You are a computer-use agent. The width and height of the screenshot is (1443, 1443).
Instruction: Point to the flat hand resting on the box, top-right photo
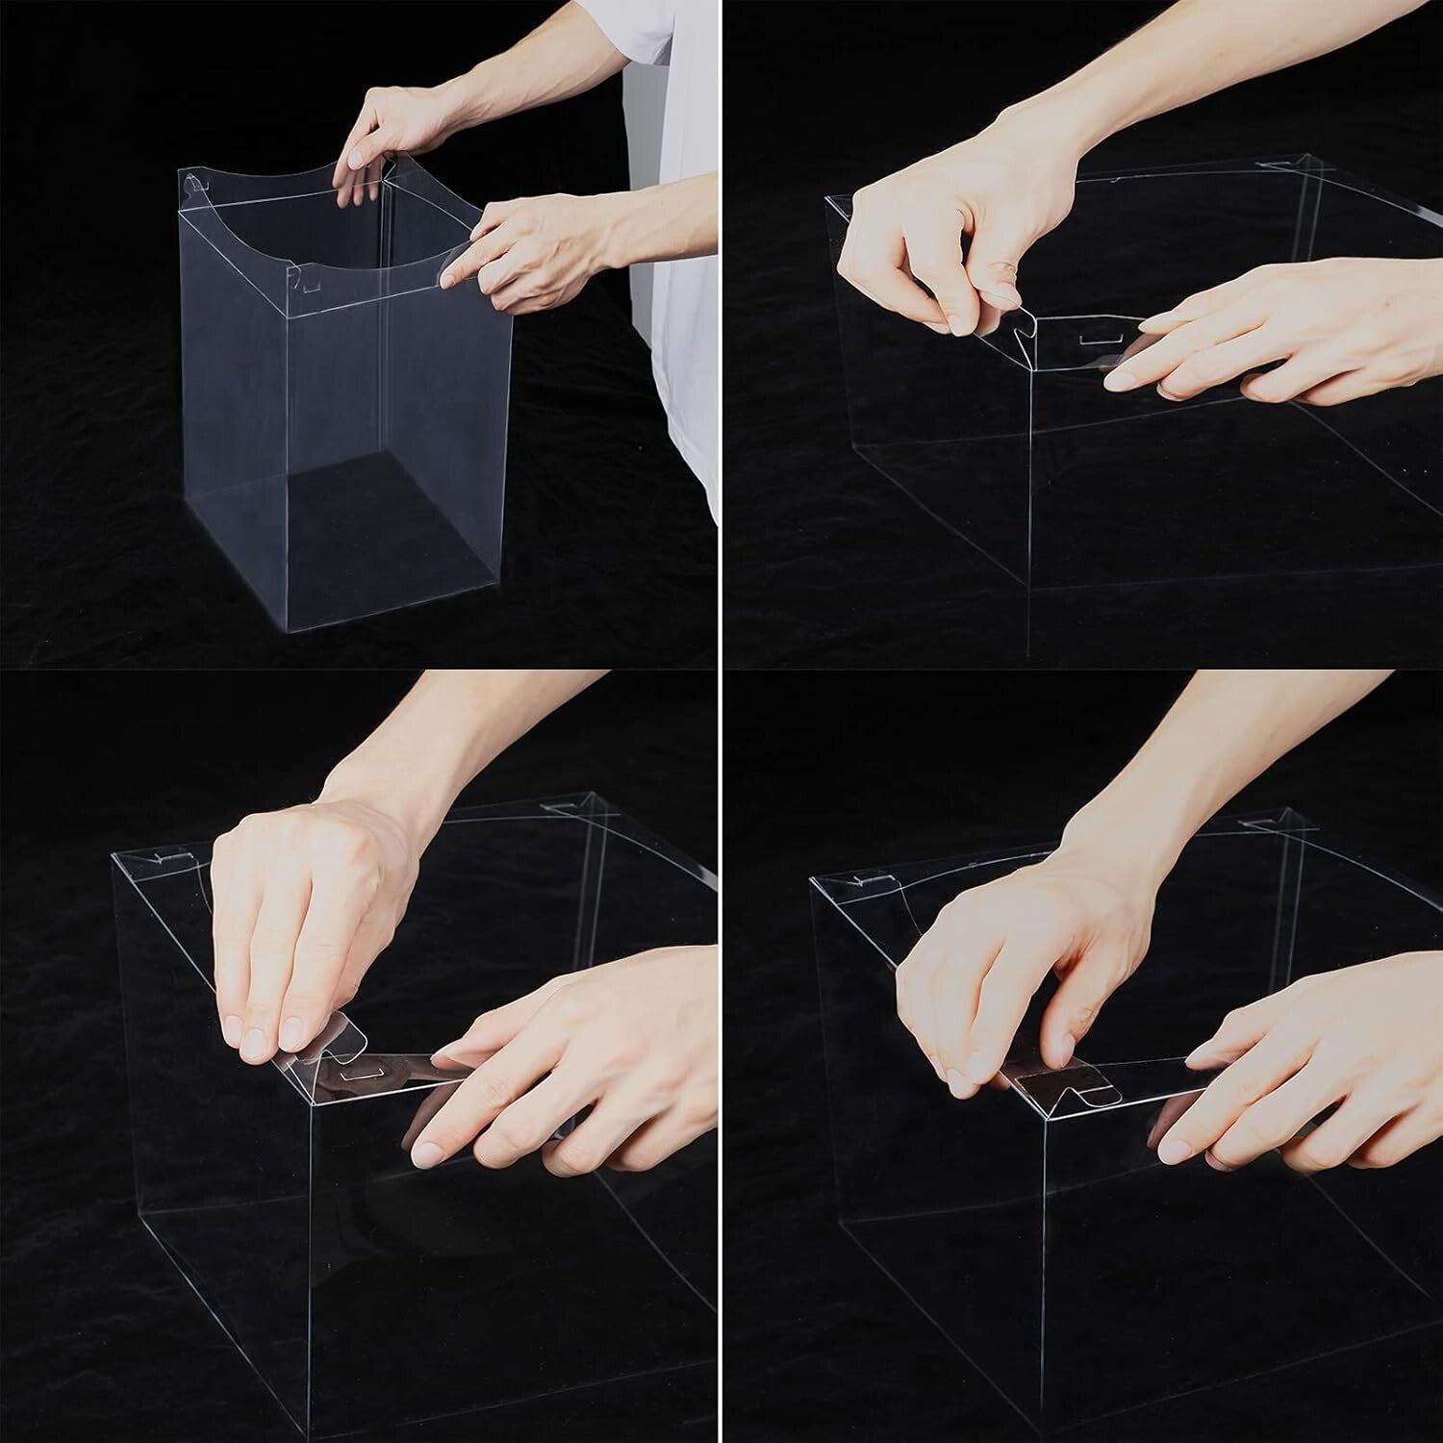point(1279,337)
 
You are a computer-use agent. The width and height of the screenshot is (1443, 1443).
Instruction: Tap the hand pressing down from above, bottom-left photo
point(298,914)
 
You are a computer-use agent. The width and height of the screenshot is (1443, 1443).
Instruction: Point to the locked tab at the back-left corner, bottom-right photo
point(871,877)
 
